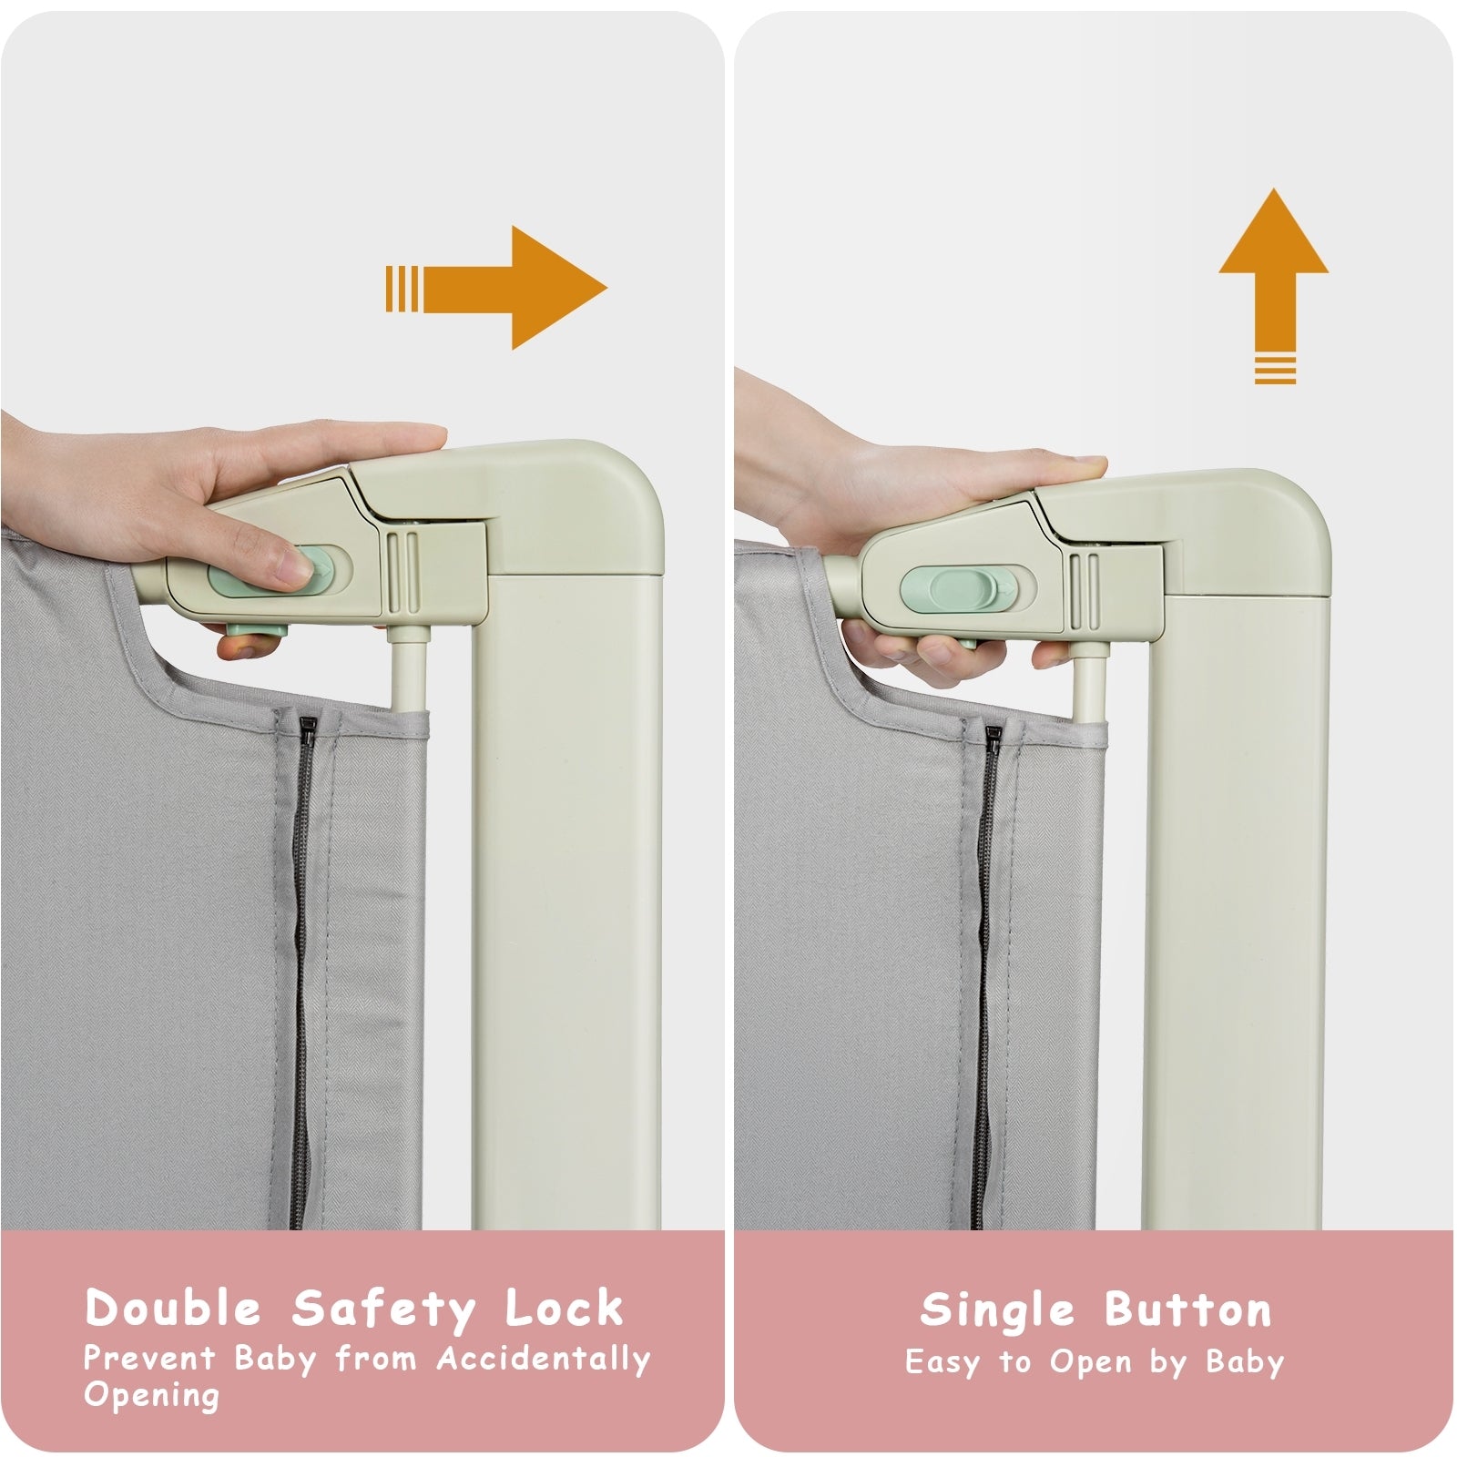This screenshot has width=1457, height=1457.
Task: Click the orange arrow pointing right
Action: (510, 288)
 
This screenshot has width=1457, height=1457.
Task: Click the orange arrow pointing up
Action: (1274, 273)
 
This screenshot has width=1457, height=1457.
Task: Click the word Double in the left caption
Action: (174, 1309)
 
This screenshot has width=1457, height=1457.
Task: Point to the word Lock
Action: (565, 1309)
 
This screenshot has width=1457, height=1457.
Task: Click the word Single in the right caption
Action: (997, 1310)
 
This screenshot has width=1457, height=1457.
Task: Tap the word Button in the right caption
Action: (1188, 1310)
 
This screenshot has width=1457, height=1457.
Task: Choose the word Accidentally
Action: (544, 1360)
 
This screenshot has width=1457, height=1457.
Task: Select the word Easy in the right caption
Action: (944, 1362)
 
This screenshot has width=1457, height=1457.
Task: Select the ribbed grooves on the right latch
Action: (1083, 590)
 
